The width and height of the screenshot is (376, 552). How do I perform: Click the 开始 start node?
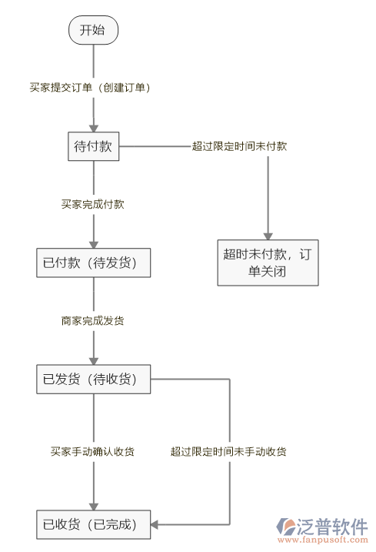pyautogui.click(x=93, y=31)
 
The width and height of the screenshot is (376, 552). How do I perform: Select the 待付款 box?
pyautogui.click(x=93, y=146)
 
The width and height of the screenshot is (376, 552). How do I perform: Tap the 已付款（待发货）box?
pyautogui.click(x=93, y=263)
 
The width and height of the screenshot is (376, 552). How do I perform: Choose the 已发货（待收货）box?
pyautogui.click(x=93, y=379)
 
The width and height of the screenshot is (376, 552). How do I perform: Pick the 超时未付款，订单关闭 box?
pyautogui.click(x=268, y=263)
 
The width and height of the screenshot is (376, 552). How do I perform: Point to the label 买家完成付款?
pyautogui.click(x=93, y=205)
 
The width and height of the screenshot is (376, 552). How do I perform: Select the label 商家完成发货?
pyautogui.click(x=93, y=320)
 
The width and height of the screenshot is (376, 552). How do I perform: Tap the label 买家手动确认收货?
pyautogui.click(x=93, y=451)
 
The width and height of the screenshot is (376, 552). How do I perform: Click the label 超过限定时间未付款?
pyautogui.click(x=240, y=146)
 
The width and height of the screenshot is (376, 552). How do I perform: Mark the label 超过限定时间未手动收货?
pyautogui.click(x=229, y=451)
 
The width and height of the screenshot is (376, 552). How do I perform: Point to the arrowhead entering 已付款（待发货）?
pyautogui.click(x=93, y=243)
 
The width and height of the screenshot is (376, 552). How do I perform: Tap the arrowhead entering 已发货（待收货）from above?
pyautogui.click(x=93, y=360)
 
